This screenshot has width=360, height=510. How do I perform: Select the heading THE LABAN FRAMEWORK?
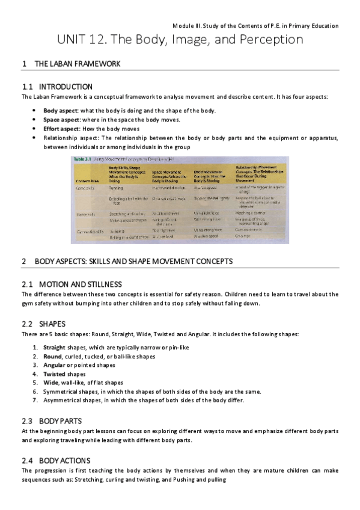click(78, 64)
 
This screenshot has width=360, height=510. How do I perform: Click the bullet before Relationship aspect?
click(35, 138)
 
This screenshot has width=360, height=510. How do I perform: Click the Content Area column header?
click(87, 181)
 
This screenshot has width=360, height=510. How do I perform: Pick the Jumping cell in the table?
click(117, 230)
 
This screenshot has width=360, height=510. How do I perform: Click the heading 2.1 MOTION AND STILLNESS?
click(80, 284)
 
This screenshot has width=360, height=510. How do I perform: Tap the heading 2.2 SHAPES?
click(52, 324)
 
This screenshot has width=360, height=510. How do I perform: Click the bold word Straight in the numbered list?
click(53, 348)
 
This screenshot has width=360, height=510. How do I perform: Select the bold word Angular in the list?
click(53, 365)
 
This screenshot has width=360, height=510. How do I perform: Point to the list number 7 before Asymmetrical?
click(35, 399)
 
